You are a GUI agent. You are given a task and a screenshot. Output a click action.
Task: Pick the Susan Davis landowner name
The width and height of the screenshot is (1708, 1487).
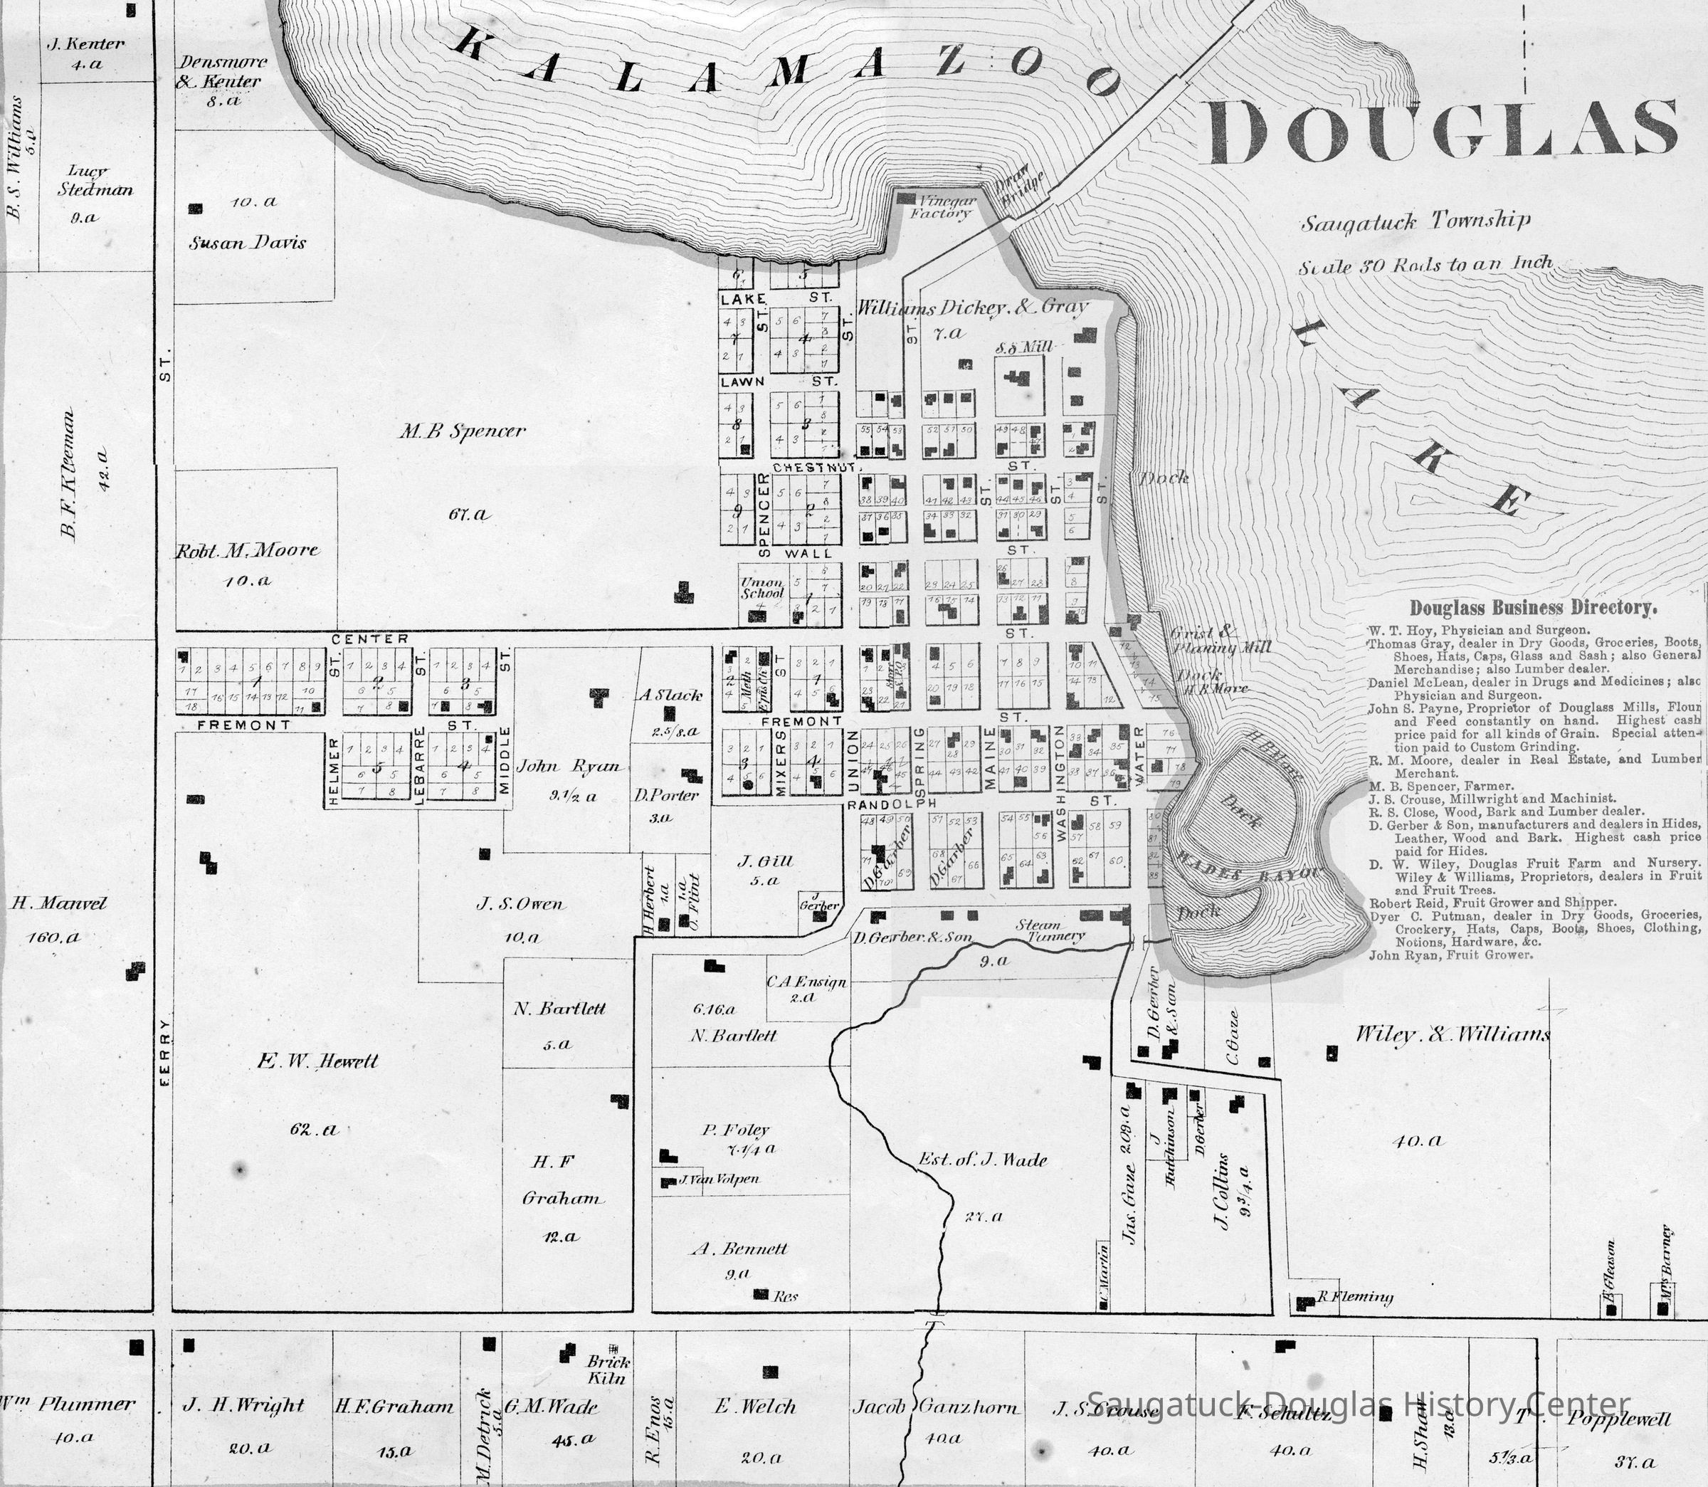point(247,243)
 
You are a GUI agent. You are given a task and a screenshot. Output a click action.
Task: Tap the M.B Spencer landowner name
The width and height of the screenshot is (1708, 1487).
point(462,431)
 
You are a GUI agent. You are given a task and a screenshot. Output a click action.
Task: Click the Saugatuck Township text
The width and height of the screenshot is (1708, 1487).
point(1414,222)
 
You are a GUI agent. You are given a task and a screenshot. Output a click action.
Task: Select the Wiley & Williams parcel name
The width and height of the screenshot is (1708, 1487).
point(1452,1035)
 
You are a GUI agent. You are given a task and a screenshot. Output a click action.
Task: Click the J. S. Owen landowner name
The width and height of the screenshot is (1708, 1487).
point(520,905)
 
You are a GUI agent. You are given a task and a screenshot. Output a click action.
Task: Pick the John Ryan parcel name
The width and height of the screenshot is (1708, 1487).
point(568,766)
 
